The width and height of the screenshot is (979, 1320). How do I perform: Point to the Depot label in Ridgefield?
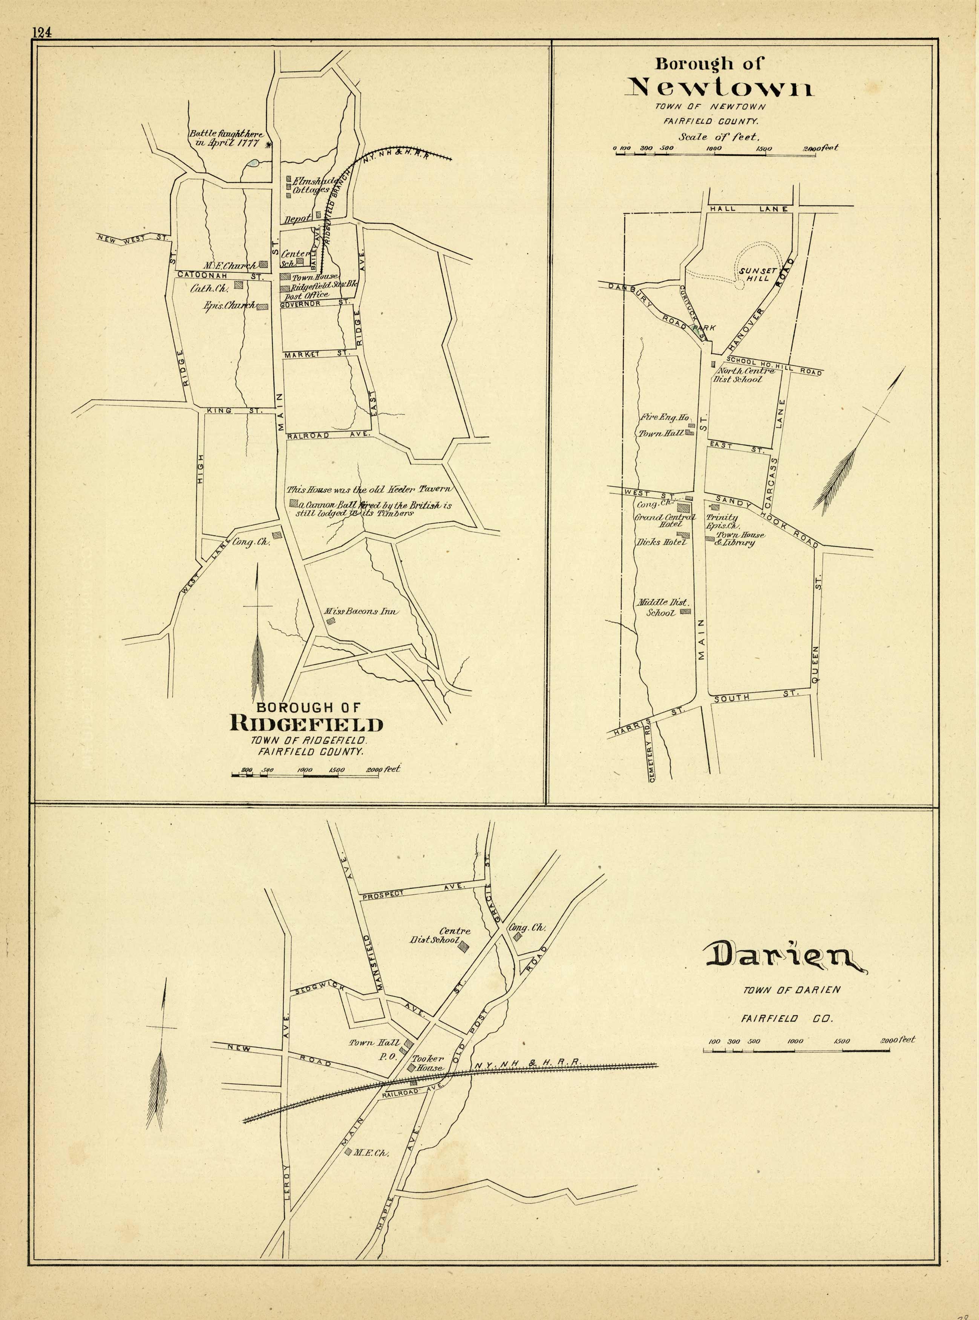tap(297, 219)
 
